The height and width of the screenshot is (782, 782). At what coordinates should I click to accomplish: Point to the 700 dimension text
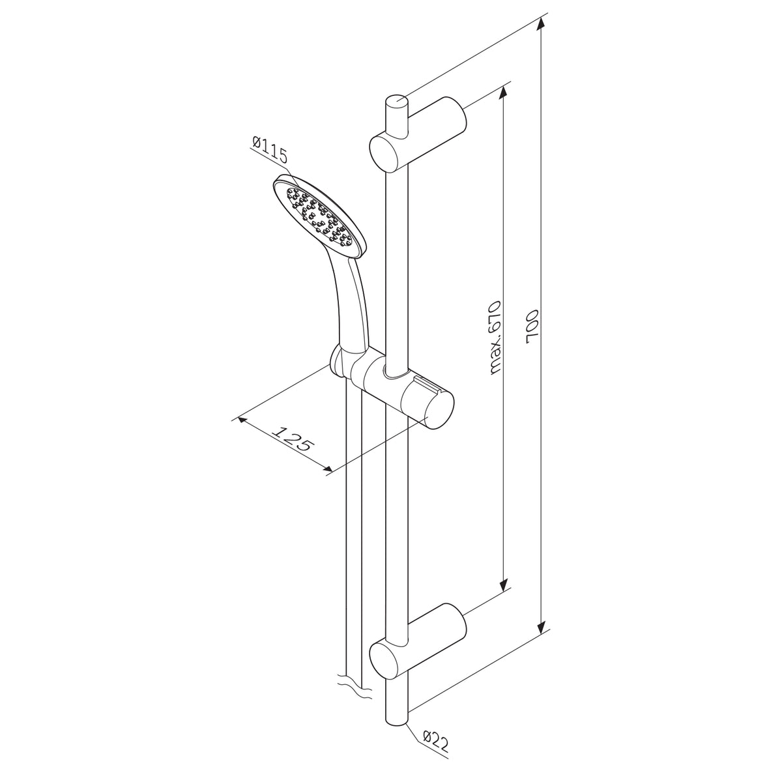531,328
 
